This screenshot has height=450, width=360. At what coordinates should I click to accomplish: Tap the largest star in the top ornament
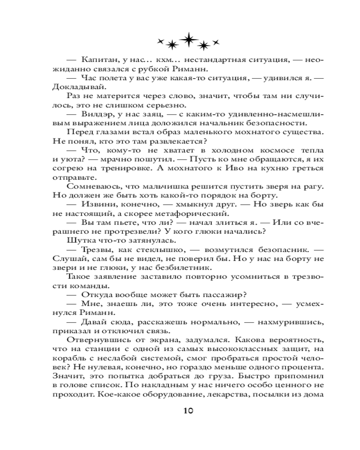point(187,39)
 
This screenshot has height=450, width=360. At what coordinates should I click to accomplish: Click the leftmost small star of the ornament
point(159,41)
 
